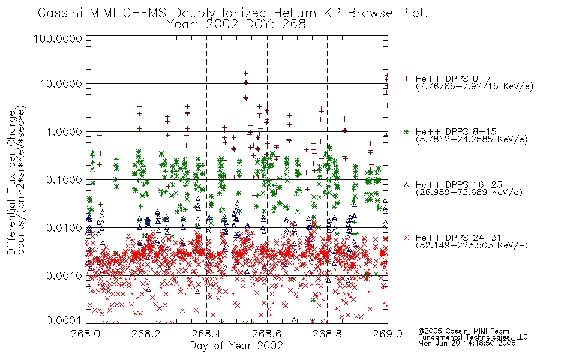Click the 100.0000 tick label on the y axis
point(58,38)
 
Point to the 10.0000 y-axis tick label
point(61,84)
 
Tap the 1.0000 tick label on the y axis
point(64,131)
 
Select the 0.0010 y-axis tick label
point(64,275)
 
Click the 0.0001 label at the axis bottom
point(64,320)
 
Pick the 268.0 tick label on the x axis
point(86,334)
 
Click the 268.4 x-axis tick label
point(206,334)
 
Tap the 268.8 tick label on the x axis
point(327,334)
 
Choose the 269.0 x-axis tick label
point(388,334)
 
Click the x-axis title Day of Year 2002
point(236,346)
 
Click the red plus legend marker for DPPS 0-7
point(406,79)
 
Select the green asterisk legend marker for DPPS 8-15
point(406,131)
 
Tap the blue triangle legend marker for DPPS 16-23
point(406,185)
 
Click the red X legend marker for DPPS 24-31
point(406,238)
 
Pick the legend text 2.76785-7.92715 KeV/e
point(475,86)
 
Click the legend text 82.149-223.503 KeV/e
point(472,245)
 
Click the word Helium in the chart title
point(295,13)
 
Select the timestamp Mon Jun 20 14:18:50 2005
point(467,343)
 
